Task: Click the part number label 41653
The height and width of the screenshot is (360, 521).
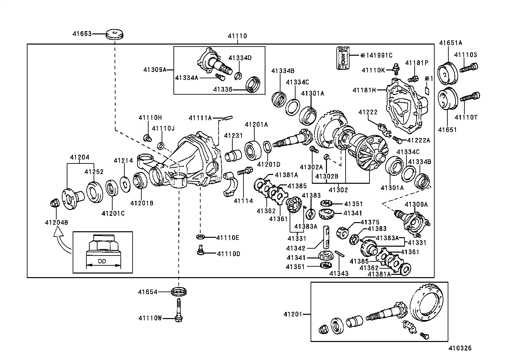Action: [82, 33]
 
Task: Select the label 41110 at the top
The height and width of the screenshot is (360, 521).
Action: [237, 36]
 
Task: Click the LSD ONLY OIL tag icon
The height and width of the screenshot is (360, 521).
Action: [343, 58]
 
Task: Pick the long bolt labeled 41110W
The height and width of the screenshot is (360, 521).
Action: [179, 310]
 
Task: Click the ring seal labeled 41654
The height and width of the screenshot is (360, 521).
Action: [179, 291]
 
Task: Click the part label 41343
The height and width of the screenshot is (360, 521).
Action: [339, 273]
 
